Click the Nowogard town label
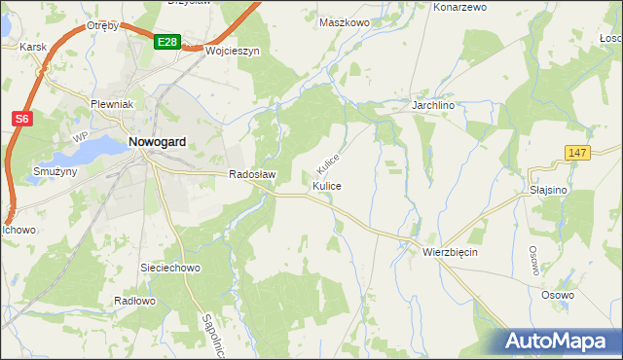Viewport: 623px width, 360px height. [158, 141]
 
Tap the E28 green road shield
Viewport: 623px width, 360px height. [166, 42]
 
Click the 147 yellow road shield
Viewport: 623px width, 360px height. [577, 153]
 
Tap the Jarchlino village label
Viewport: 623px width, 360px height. [434, 104]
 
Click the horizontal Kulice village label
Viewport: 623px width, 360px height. [326, 185]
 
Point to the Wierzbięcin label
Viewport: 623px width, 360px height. [450, 251]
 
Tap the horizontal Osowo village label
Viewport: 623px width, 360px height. [558, 294]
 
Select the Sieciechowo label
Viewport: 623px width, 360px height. [170, 267]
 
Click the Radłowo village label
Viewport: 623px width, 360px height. [134, 301]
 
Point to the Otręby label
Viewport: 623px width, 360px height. [102, 26]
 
